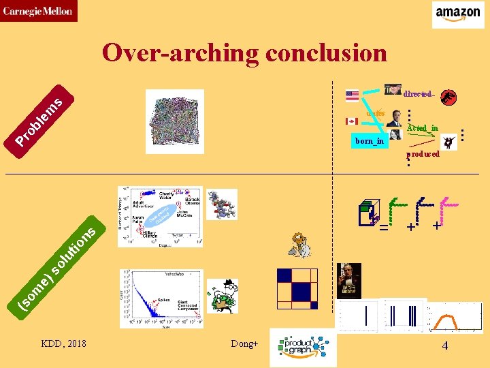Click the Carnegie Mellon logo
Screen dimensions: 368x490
pyautogui.click(x=38, y=11)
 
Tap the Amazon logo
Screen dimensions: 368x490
pyautogui.click(x=458, y=14)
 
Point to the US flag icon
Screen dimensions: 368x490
pyautogui.click(x=352, y=96)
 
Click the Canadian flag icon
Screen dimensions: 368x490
pyautogui.click(x=352, y=121)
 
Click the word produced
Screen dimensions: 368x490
pyautogui.click(x=424, y=155)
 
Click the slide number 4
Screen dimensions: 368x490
pyautogui.click(x=444, y=346)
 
